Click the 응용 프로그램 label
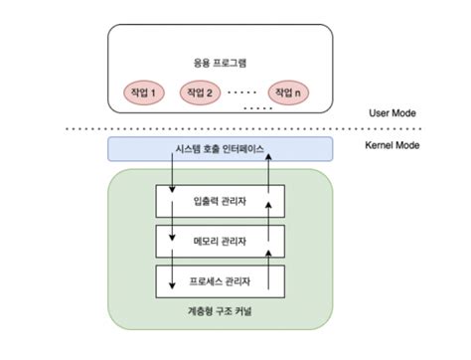tap(221, 62)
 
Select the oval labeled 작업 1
tap(143, 92)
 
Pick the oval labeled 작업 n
tap(289, 92)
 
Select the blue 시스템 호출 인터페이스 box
tap(221, 150)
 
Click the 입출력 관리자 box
tap(221, 201)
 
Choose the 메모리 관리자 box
tap(221, 241)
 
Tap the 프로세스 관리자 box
tap(221, 279)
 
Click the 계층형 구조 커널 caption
tap(221, 313)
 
